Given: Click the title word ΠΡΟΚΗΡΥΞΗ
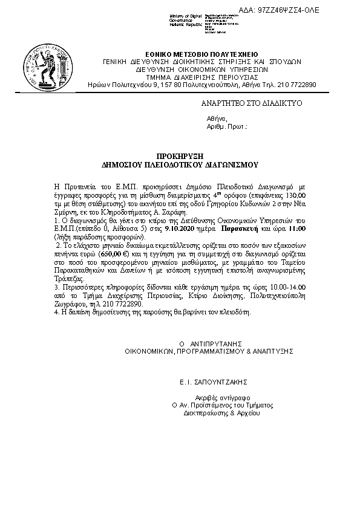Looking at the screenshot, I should (x=180, y=155).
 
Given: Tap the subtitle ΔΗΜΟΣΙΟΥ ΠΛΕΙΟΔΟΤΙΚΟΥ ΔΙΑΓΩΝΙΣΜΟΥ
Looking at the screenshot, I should (x=180, y=164).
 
